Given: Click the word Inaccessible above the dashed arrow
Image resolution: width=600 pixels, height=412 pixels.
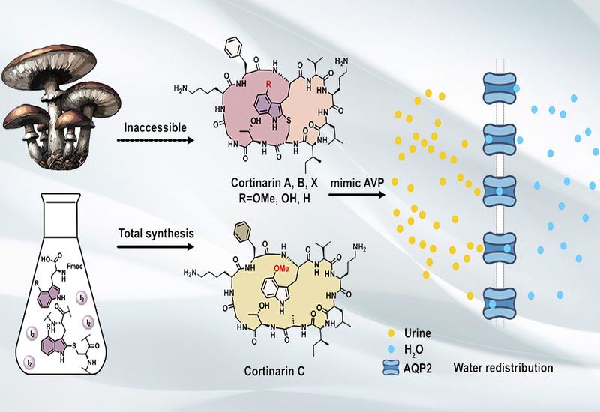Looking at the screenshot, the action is [155, 127].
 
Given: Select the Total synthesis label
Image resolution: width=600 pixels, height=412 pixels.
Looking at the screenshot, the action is [156, 233].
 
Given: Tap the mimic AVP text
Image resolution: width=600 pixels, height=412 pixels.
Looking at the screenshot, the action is [357, 183].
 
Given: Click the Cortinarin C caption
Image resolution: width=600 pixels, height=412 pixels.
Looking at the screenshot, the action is [274, 371].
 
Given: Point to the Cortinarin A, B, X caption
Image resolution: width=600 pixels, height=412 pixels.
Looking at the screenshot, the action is [274, 183].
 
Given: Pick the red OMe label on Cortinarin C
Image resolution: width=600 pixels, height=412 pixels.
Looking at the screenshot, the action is [280, 269].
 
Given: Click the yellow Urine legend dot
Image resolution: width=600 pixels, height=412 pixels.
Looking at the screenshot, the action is [391, 333].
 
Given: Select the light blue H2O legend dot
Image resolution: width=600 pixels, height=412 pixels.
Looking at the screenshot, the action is [391, 349].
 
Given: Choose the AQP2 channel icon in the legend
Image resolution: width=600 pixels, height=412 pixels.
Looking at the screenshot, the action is [391, 369].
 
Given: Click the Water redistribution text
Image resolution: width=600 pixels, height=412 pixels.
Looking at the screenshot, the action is [503, 368].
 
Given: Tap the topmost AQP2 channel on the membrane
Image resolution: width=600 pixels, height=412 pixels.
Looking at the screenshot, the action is [499, 89].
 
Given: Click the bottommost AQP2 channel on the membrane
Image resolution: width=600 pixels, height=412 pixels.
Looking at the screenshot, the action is [499, 303].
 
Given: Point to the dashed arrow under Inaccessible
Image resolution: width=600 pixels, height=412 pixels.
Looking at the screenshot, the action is [155, 140].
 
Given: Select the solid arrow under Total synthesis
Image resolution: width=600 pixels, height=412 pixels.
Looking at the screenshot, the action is [155, 246].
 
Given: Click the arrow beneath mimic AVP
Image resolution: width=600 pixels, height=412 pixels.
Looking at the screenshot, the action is [357, 195].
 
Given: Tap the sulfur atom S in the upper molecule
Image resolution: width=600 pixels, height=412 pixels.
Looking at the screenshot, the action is [289, 121].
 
